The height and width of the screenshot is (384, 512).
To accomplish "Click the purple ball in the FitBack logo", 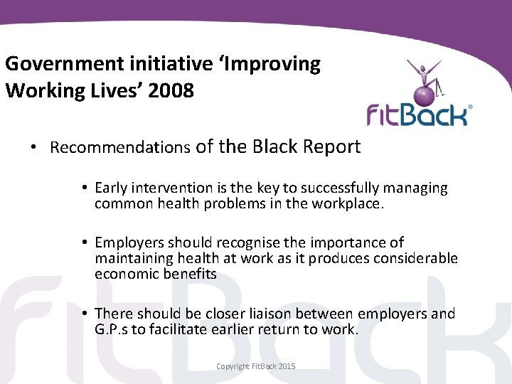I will tap(424, 94).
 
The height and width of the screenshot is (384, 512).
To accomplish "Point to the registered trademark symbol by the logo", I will tap(470, 107).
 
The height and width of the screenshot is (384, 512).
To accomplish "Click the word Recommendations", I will tap(120, 148).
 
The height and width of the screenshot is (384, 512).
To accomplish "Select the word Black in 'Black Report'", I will tap(274, 146).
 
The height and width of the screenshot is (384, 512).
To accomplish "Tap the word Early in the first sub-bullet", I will tap(112, 188).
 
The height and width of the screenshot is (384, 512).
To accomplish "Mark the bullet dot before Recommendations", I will tap(33, 148).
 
